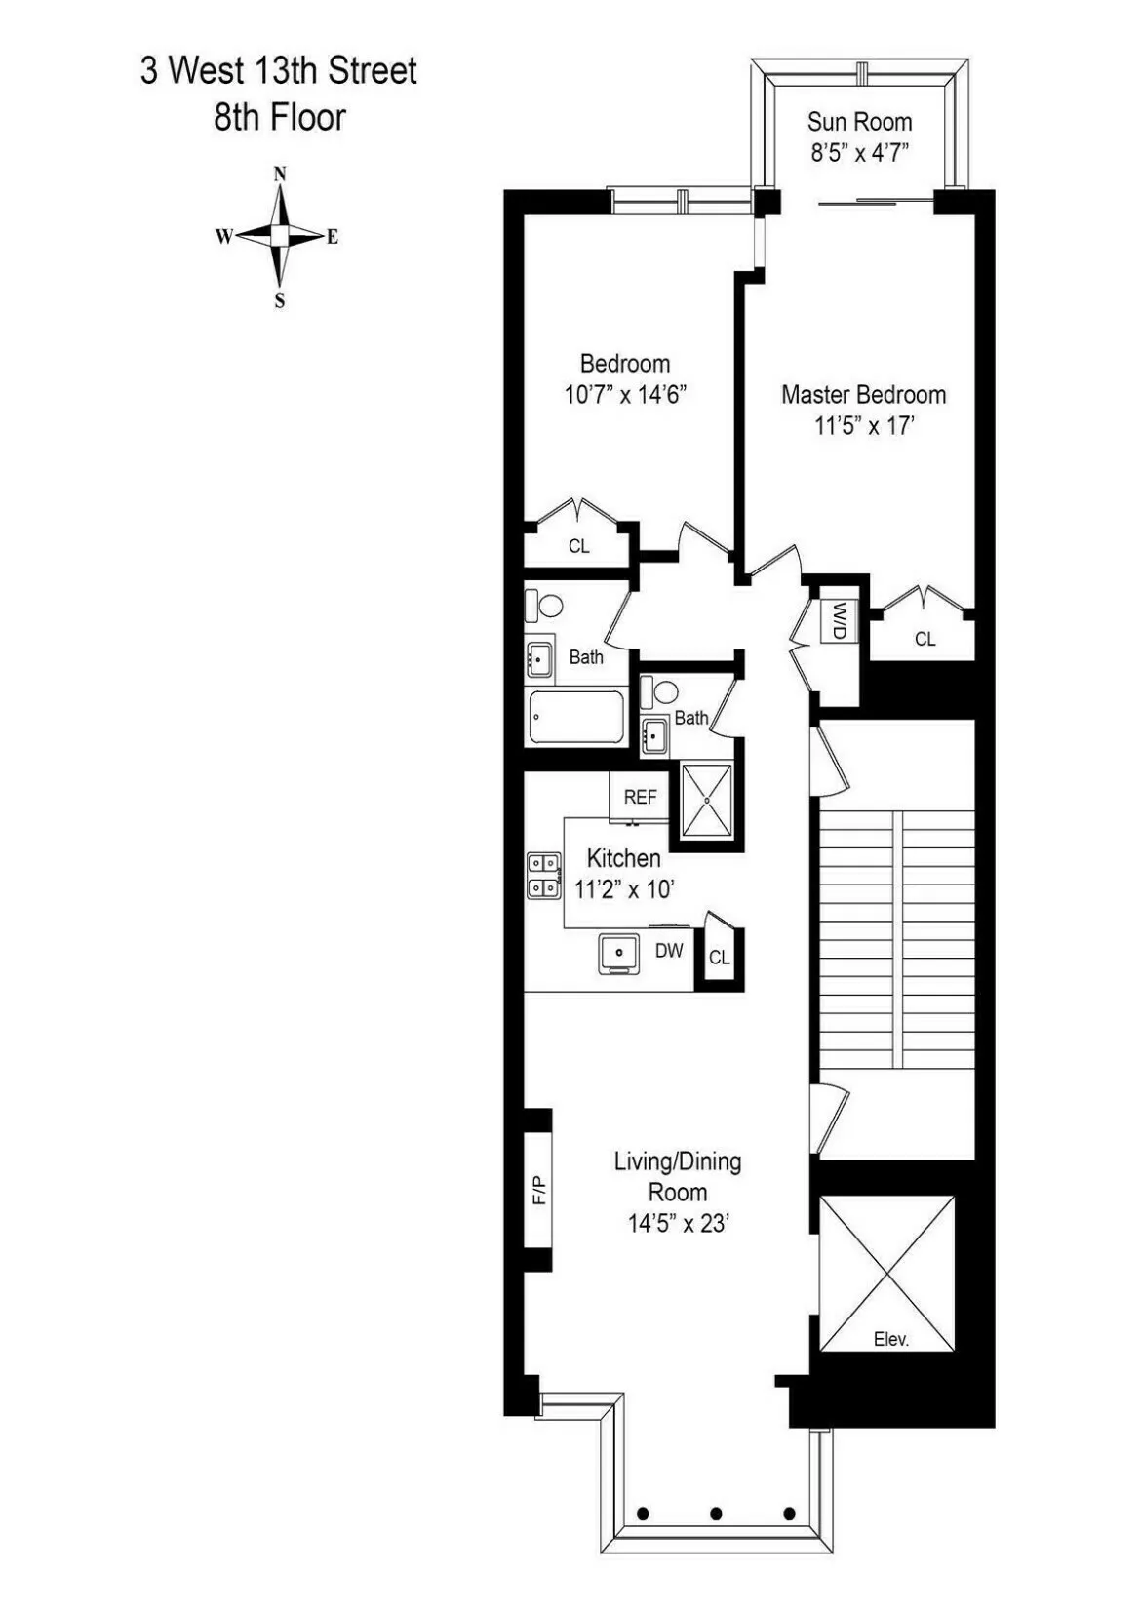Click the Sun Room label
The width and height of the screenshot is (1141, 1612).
pos(859,122)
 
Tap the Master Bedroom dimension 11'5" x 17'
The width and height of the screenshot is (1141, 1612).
pos(864,426)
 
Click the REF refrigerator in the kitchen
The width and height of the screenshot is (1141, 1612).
pos(640,797)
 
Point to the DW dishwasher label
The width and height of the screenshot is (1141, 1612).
pos(669,950)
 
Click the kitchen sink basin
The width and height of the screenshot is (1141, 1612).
pos(619,952)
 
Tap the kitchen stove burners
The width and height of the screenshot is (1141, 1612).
pos(543,875)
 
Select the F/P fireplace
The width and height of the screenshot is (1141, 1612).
pos(539,1190)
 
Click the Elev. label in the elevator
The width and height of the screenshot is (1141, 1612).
pos(890,1339)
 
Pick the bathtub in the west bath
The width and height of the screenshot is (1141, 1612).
pos(575,718)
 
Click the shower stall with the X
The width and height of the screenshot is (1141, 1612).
pos(706,800)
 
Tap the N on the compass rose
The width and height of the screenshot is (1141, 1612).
pos(280,175)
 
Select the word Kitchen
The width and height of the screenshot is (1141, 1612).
pos(624,858)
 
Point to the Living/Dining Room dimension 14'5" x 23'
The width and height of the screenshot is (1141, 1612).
pos(679,1223)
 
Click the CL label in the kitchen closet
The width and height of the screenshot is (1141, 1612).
pos(720,958)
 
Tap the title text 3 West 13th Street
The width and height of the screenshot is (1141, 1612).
pos(279,71)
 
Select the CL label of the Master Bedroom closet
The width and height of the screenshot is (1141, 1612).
pos(925,639)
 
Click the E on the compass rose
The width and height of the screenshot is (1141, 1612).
pos(333,237)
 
